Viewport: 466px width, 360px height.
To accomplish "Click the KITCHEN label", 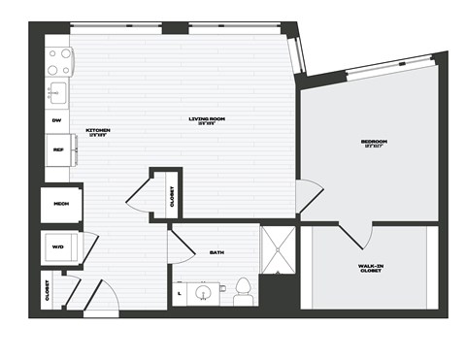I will (98, 130).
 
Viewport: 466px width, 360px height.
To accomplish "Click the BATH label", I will (216, 253).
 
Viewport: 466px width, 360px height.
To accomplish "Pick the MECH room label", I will (60, 205).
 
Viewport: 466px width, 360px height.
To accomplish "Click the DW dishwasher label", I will (56, 120).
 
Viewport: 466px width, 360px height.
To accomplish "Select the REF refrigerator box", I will (58, 149).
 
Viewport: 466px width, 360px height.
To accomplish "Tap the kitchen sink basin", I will (57, 93).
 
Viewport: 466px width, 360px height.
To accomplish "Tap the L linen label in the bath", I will (180, 291).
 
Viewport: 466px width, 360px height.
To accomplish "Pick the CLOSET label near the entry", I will (48, 290).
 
